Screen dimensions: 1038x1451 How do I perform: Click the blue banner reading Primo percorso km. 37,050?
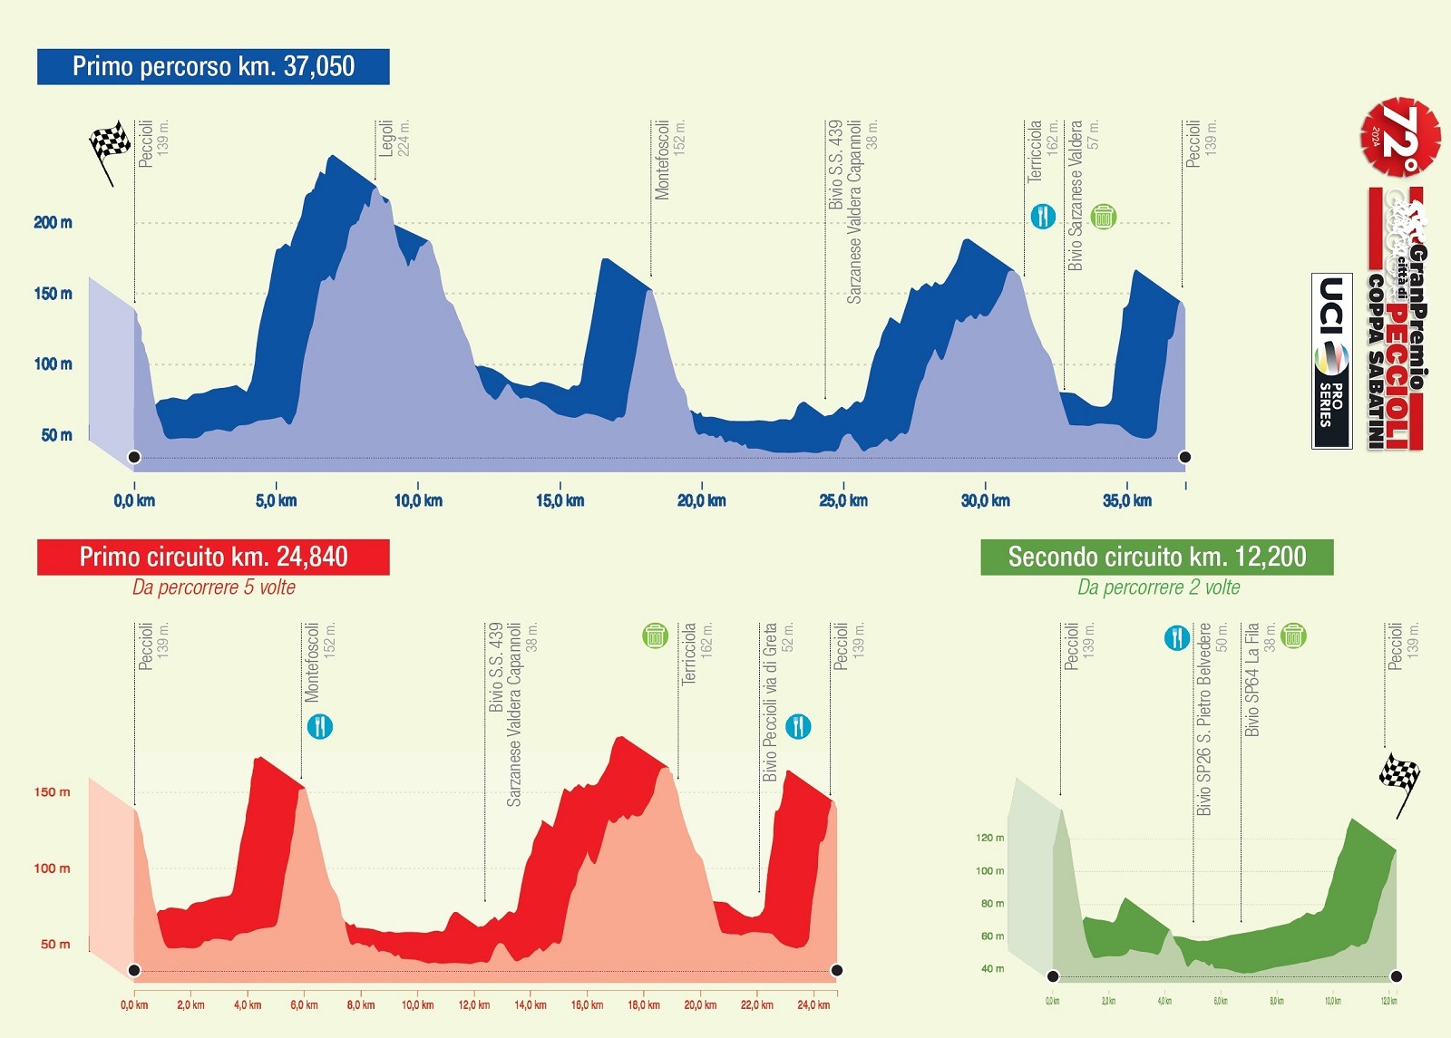tap(213, 66)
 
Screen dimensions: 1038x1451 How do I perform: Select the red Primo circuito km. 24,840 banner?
tap(213, 557)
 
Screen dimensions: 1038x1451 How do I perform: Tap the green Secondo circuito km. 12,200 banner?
tap(1156, 557)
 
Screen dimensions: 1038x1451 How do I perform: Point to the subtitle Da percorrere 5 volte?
tap(214, 587)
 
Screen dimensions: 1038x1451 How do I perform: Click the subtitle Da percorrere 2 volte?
tap(1158, 587)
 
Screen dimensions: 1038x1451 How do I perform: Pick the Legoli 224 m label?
tap(394, 138)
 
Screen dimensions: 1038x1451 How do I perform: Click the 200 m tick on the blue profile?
tap(53, 223)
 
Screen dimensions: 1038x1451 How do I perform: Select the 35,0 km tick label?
tap(1127, 500)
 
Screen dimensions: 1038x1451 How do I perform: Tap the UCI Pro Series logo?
tap(1331, 361)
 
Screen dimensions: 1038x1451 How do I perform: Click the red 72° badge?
tap(1399, 136)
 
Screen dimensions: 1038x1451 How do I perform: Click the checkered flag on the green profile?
tap(1399, 778)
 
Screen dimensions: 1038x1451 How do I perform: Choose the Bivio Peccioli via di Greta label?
tap(778, 702)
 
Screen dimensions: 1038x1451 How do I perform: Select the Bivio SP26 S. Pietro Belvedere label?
tap(1212, 718)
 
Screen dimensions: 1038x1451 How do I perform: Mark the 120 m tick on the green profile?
tap(989, 838)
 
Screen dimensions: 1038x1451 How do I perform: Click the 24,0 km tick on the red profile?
tap(813, 1004)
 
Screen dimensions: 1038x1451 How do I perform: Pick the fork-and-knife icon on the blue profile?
tap(1043, 217)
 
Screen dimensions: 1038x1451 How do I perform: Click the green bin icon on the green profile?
tap(1293, 635)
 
